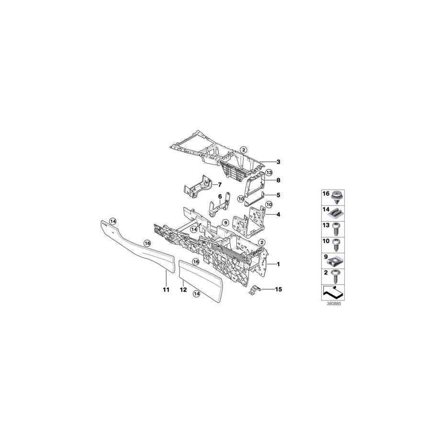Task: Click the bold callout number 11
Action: [x=166, y=290]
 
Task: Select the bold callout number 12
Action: [x=183, y=290]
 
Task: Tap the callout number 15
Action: [x=278, y=289]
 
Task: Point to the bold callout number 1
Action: [x=278, y=264]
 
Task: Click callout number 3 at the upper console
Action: [x=278, y=162]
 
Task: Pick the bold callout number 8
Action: [x=278, y=181]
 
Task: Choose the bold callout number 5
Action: [x=278, y=195]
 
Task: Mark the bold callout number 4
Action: [x=278, y=214]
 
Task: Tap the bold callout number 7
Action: [x=220, y=185]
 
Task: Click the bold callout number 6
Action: [x=220, y=196]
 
